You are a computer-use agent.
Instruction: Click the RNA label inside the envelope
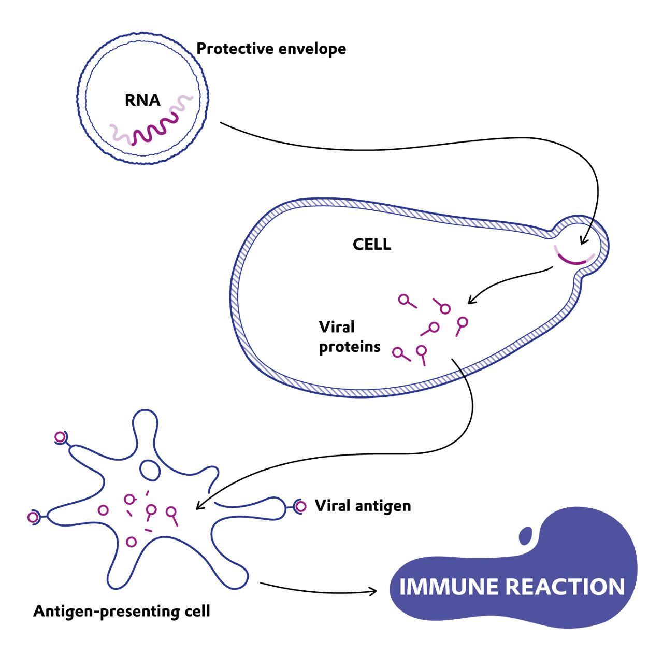142,100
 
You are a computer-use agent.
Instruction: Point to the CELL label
371,244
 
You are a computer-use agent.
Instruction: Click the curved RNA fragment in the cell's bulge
574,259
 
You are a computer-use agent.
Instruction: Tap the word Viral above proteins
337,327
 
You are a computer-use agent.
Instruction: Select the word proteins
349,347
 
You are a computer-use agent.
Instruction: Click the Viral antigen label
363,505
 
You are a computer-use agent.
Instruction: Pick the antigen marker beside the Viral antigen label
300,506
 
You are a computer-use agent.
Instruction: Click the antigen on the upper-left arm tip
61,437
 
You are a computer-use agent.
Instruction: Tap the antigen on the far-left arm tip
33,517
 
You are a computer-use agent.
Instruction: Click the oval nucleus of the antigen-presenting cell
150,470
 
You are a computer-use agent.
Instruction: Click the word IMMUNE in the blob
449,587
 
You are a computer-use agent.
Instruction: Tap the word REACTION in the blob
565,587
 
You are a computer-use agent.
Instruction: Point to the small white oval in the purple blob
526,535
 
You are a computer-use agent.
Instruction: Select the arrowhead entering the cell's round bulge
583,240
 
